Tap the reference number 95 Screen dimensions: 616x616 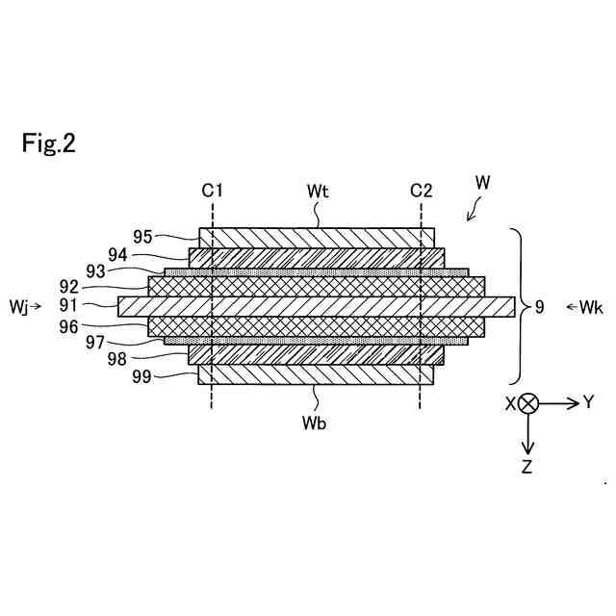coord(143,236)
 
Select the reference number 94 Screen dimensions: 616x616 coord(117,254)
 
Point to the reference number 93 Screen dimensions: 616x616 coord(96,271)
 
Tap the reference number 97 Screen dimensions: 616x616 coord(94,343)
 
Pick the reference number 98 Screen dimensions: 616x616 coord(117,359)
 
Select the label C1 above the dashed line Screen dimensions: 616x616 coord(213,190)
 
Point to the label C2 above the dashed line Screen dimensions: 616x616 coord(421,190)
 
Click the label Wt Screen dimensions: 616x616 coord(319,192)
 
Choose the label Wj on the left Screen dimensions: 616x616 coord(19,307)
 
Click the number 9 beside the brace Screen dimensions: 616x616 coord(540,307)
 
